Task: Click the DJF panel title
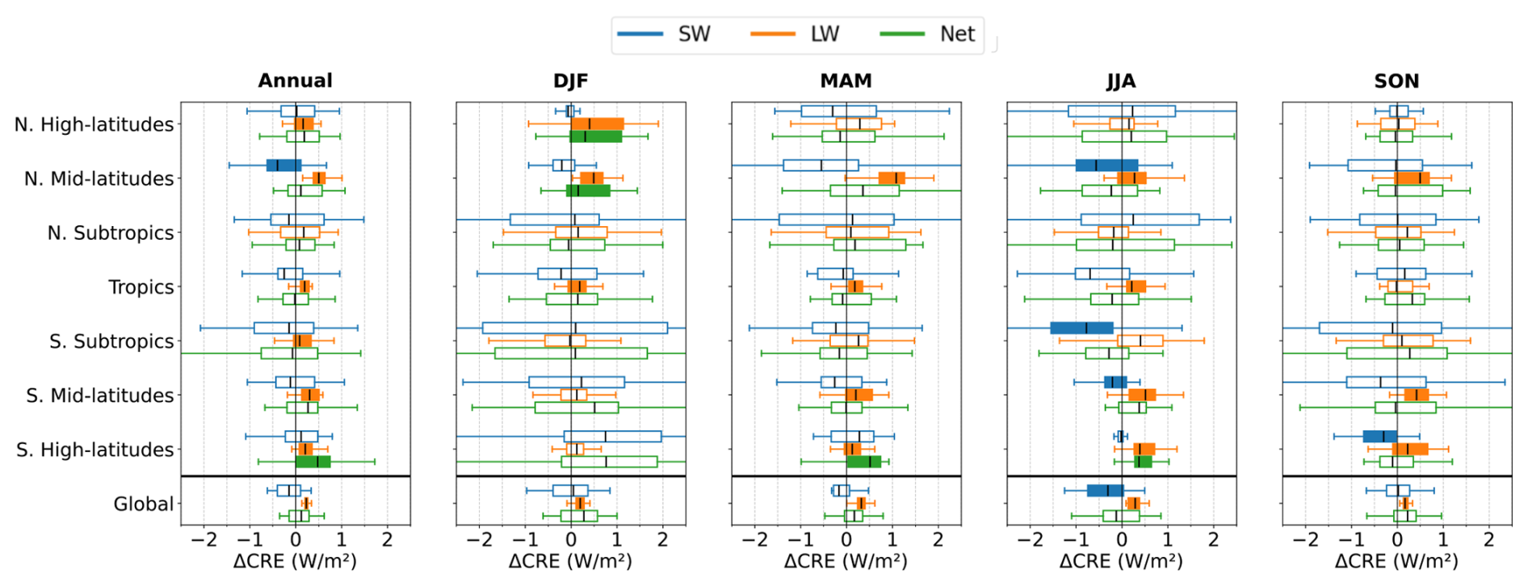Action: tap(570, 81)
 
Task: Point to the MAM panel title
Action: tap(846, 81)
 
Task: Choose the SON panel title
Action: tap(1396, 81)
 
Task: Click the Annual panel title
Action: tap(295, 81)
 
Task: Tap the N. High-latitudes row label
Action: tap(94, 124)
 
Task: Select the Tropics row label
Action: tap(141, 287)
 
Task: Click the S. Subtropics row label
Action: tap(111, 341)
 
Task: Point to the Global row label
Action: tap(143, 504)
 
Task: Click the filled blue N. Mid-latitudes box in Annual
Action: tap(283, 165)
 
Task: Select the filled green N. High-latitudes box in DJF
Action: tap(596, 136)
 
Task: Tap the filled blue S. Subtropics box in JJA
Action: tap(1081, 328)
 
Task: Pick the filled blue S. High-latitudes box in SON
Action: tap(1379, 437)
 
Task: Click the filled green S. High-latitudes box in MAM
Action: tap(863, 462)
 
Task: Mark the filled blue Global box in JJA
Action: tap(1105, 491)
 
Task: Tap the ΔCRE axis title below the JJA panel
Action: tap(1121, 561)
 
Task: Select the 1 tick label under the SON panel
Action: tap(1442, 539)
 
